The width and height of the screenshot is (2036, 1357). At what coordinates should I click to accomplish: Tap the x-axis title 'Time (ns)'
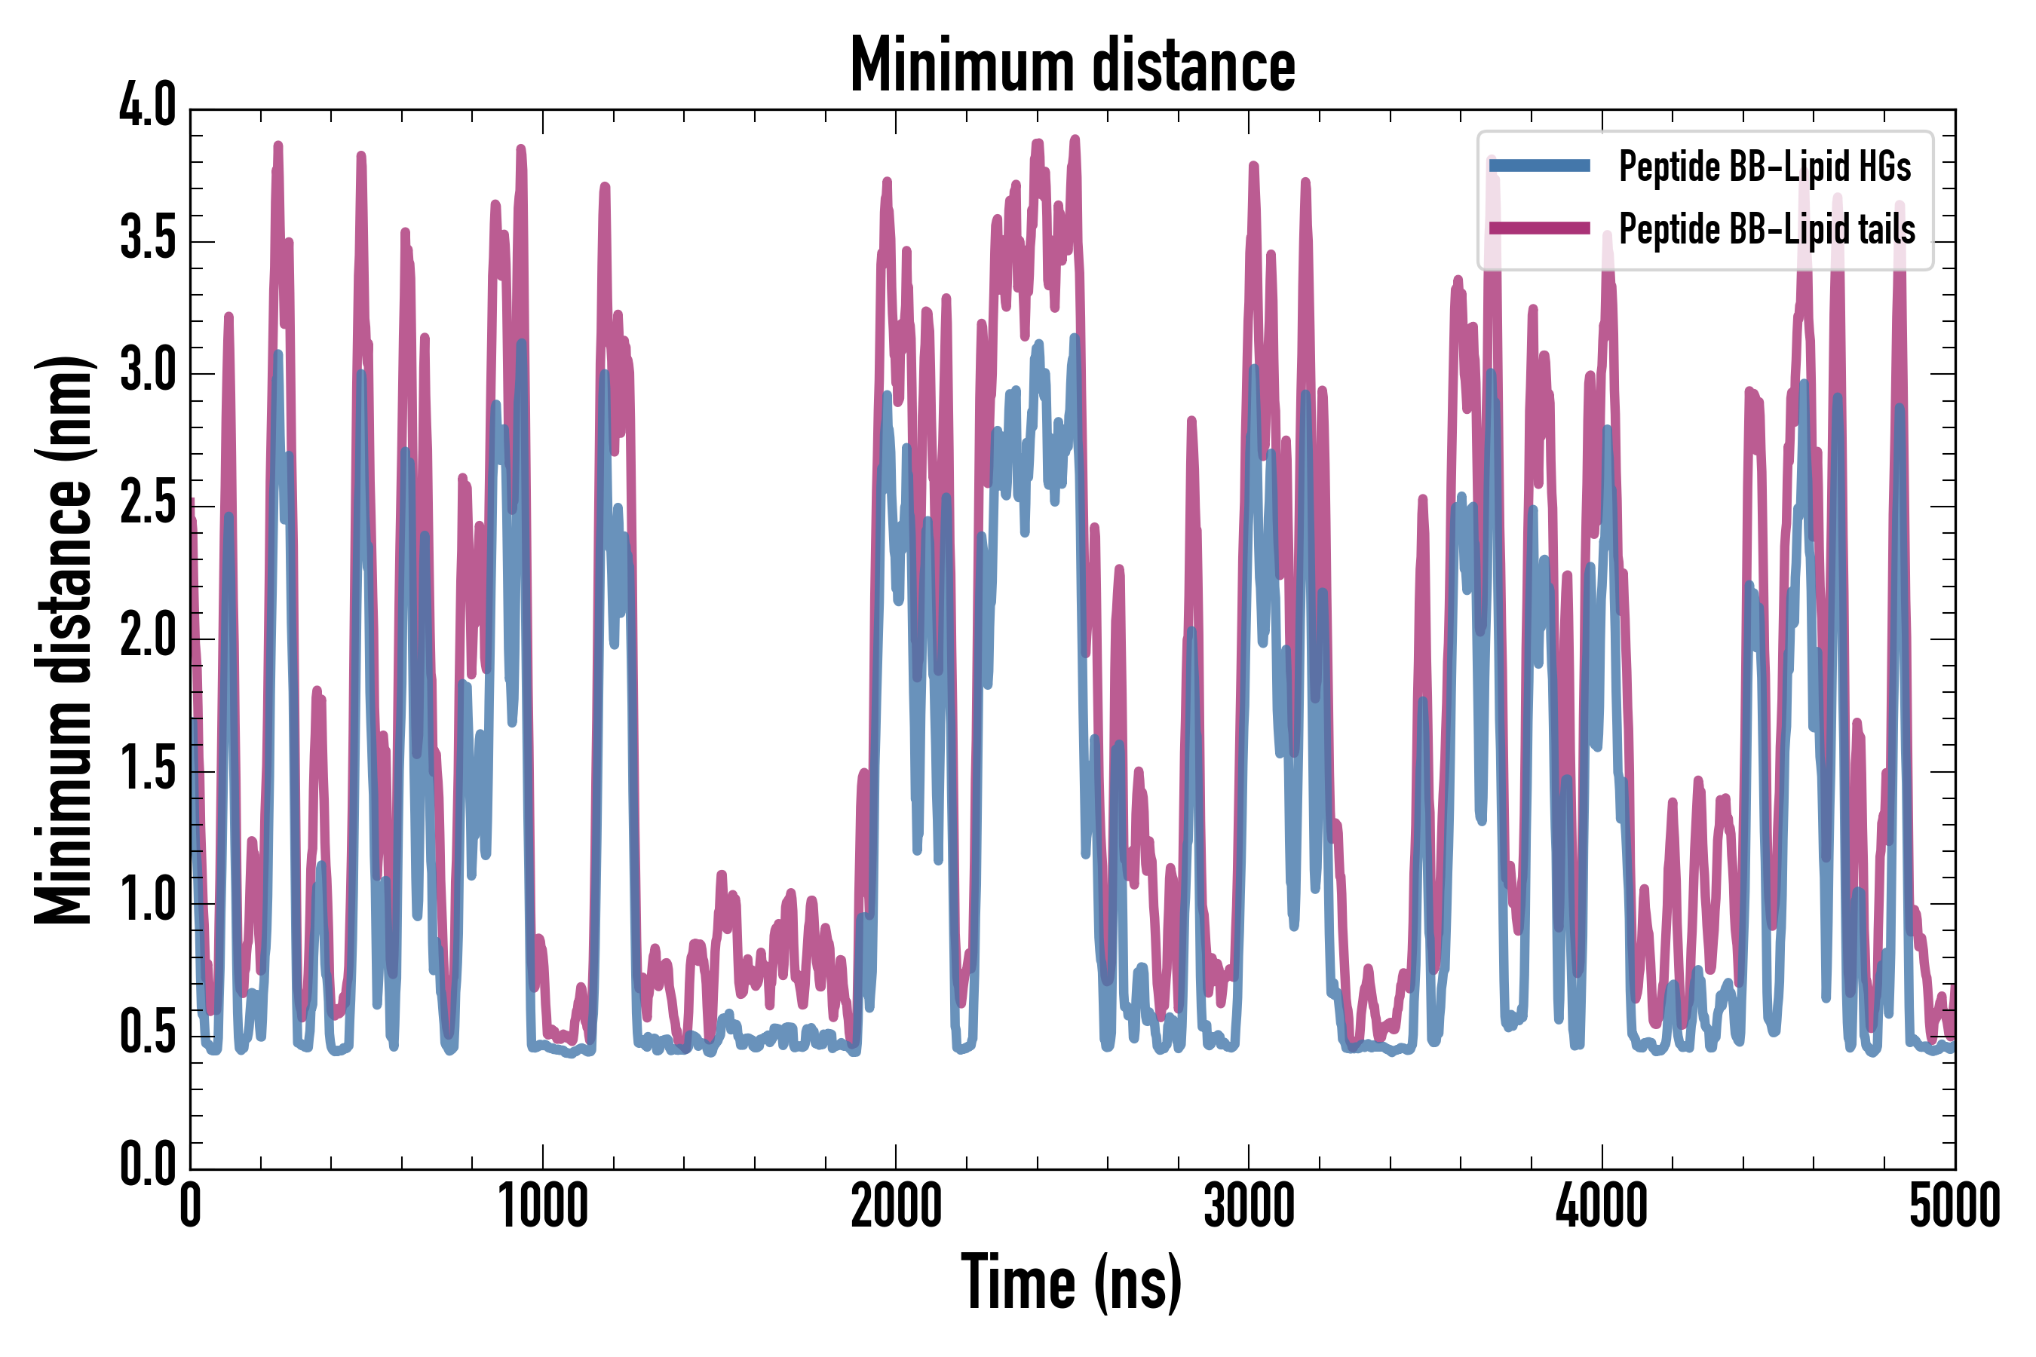(x=1072, y=1282)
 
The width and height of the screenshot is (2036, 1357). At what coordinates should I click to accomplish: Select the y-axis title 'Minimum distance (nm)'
(x=63, y=639)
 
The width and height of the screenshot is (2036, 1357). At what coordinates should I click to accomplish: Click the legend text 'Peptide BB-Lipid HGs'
(x=1765, y=166)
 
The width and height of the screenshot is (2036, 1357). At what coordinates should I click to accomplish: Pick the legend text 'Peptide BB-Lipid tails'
(x=1767, y=229)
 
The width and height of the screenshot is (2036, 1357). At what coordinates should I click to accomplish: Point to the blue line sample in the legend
(x=1539, y=165)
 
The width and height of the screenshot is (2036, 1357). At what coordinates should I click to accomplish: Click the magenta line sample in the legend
(x=1539, y=228)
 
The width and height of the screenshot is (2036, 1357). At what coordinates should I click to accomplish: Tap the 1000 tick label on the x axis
(x=544, y=1206)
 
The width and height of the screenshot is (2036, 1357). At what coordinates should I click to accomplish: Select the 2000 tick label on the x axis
(x=896, y=1206)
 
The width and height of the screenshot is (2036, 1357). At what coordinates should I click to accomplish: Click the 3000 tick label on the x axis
(x=1250, y=1206)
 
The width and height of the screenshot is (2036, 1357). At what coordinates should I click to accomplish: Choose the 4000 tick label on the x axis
(x=1602, y=1206)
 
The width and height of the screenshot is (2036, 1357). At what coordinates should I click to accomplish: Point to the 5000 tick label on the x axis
(x=1955, y=1206)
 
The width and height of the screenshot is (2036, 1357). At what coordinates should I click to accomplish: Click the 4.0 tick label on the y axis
(x=147, y=106)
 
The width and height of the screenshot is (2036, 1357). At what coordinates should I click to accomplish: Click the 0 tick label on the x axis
(x=191, y=1206)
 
